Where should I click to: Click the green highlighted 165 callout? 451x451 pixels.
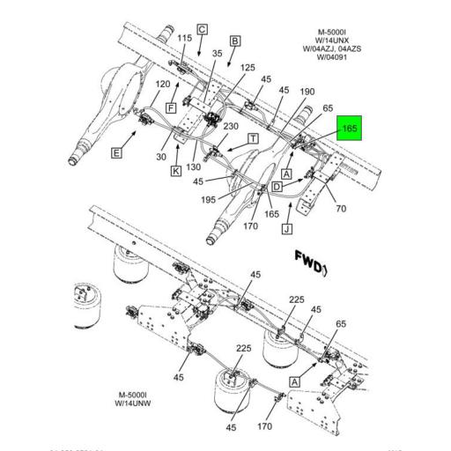(x=350, y=129)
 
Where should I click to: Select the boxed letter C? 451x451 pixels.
(x=202, y=29)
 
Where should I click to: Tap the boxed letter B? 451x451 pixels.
(x=235, y=41)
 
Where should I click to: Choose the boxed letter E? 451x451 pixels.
(x=116, y=152)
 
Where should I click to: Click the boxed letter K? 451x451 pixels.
(x=176, y=170)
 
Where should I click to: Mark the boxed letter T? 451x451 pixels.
(x=253, y=138)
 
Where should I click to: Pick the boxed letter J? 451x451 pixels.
(x=286, y=231)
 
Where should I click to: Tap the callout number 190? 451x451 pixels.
(x=307, y=92)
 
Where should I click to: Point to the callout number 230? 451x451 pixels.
(x=232, y=126)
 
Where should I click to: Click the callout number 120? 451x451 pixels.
(x=162, y=84)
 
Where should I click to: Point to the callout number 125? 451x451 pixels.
(x=248, y=69)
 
